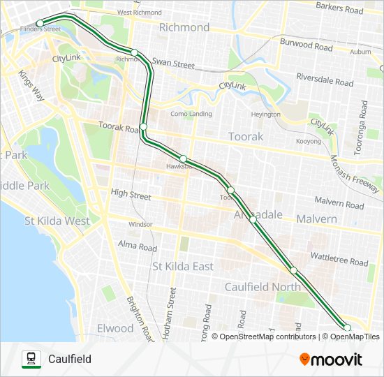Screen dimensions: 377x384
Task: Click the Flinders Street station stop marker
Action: click(x=40, y=24)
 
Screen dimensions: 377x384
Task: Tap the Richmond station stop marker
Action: click(x=134, y=52)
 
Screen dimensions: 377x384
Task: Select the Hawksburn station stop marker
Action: click(x=183, y=158)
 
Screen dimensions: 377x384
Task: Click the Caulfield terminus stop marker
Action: click(x=347, y=327)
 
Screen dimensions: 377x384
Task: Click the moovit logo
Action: click(x=331, y=360)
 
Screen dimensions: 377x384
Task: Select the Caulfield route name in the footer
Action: click(x=70, y=360)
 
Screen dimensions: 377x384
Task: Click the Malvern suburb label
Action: click(x=316, y=219)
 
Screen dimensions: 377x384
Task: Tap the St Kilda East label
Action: click(x=183, y=266)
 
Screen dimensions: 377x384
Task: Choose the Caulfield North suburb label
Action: click(x=263, y=287)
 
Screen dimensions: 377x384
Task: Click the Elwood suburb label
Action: click(x=116, y=328)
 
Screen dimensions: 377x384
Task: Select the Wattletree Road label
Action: click(x=339, y=263)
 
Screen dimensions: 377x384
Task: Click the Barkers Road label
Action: click(x=339, y=9)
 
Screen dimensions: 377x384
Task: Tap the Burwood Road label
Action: click(x=306, y=46)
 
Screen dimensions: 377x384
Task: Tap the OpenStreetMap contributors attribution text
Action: click(x=268, y=337)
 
